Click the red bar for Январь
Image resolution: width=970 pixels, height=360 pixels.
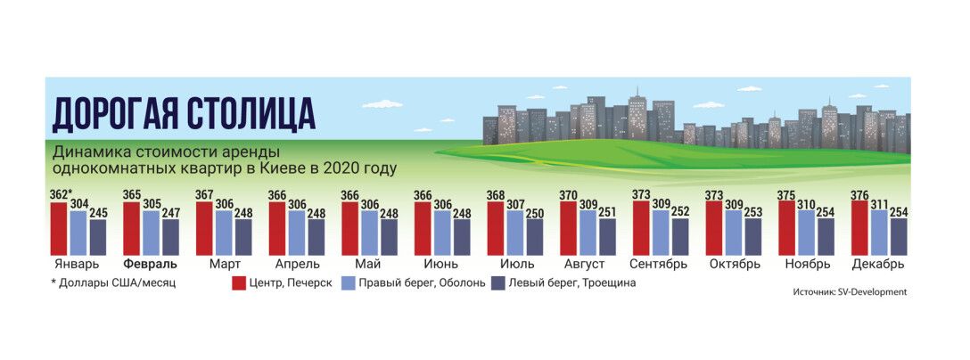58,229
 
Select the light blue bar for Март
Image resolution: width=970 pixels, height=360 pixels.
224,233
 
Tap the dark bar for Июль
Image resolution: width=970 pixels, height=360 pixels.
535,237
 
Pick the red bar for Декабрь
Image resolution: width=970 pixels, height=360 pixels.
860,228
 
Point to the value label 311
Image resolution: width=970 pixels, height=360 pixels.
881,205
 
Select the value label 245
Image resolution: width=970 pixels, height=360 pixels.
97,213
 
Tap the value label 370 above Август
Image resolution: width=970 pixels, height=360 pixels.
569,195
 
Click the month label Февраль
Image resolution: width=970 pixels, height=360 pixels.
151,264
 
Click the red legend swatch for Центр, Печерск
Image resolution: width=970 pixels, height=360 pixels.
239,283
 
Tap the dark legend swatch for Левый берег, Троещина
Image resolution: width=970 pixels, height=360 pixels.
499,283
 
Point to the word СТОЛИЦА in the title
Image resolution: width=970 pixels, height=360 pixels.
251,113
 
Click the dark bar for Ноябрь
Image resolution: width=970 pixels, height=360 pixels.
826,237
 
